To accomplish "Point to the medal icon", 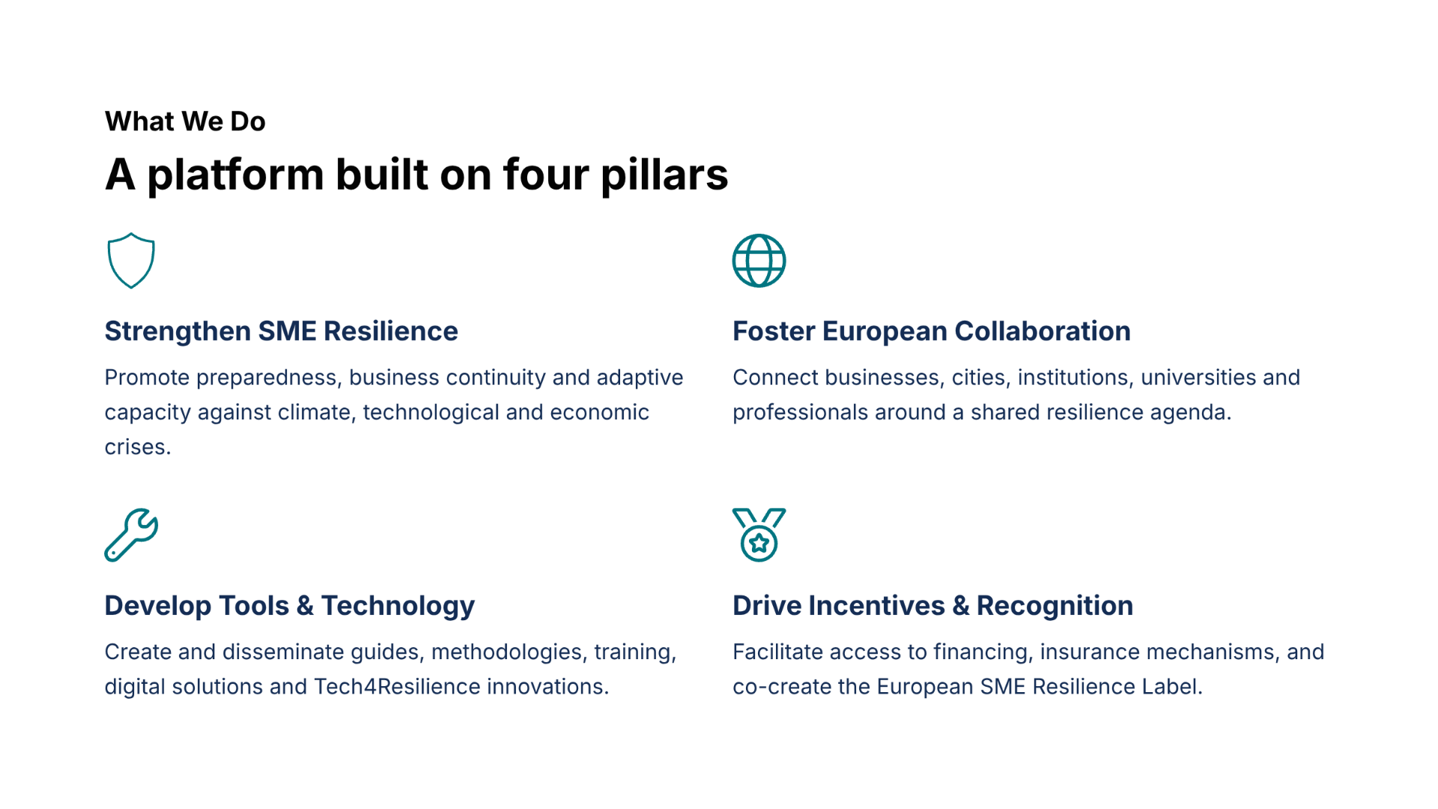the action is (759, 558).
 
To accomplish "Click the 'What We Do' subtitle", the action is (185, 121).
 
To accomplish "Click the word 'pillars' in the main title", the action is (664, 175).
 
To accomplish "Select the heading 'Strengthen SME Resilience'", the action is (281, 331).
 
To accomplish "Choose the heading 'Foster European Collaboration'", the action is (932, 331).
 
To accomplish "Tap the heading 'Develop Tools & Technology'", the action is (290, 606).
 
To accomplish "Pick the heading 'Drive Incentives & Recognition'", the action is (933, 605).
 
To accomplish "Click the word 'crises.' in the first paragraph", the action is (138, 447).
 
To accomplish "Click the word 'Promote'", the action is (148, 378).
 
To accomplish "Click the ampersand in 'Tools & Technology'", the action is (305, 606).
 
